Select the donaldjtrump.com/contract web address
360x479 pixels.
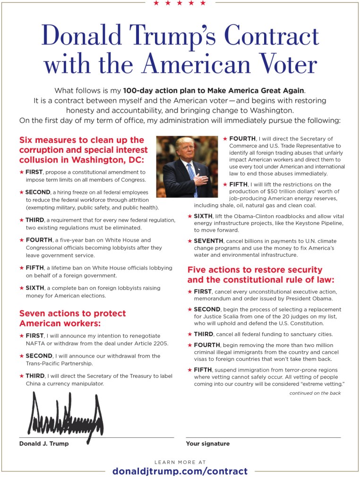coord(180,471)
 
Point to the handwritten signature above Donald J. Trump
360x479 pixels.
coord(66,416)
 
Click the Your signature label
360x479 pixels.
coord(208,444)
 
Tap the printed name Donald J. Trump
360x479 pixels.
coord(44,444)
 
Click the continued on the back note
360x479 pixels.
coord(315,393)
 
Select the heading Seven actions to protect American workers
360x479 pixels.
coord(72,318)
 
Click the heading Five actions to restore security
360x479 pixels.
coord(255,270)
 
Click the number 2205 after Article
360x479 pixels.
coord(158,343)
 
